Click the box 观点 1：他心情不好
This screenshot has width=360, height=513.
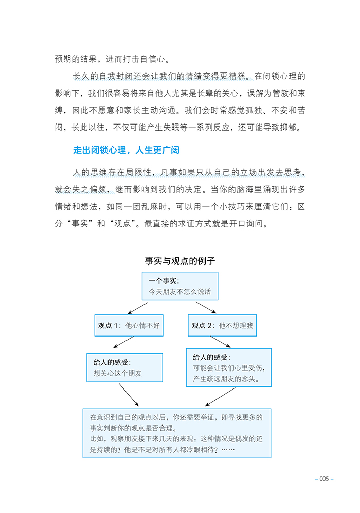click(129, 326)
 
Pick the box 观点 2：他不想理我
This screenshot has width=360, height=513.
click(222, 326)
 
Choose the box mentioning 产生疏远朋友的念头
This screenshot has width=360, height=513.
click(228, 367)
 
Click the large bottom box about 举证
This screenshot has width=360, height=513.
click(176, 433)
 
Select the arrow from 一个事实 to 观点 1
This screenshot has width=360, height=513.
click(138, 308)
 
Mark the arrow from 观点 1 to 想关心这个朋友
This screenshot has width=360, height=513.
click(123, 343)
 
